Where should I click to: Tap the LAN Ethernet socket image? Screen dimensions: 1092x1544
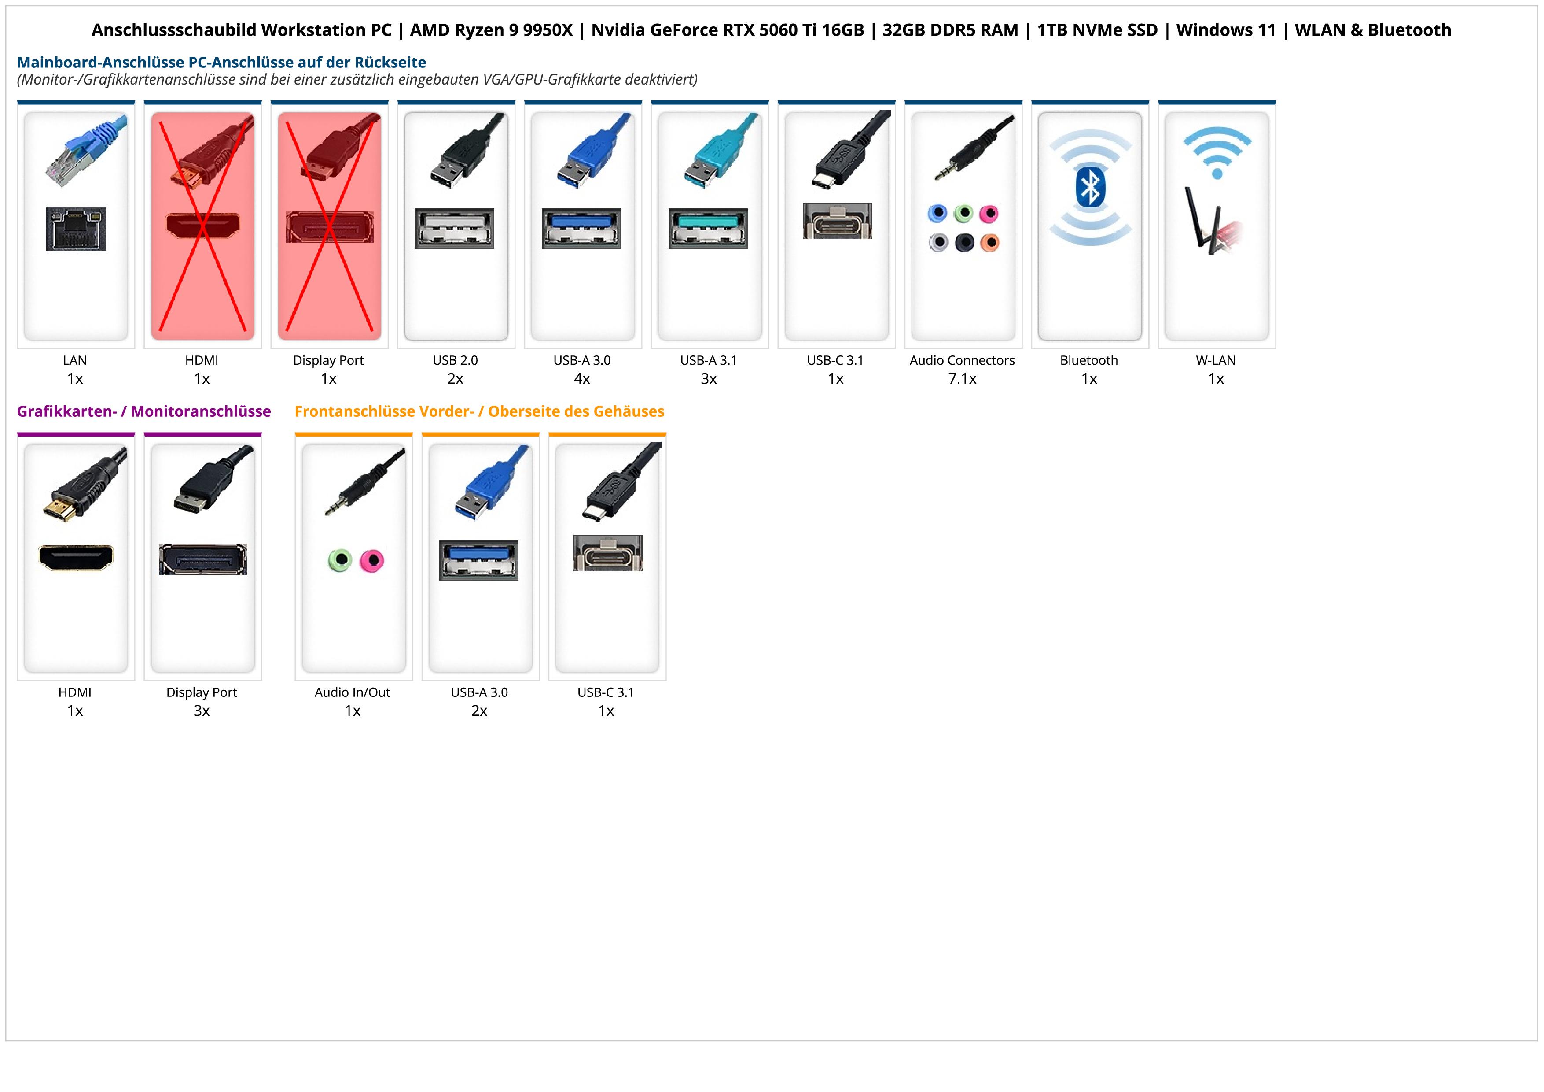[x=76, y=229]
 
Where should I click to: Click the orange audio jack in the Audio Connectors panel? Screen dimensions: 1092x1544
[x=990, y=242]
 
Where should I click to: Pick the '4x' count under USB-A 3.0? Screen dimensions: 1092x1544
[x=582, y=379]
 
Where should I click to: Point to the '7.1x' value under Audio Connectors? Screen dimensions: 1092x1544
[x=962, y=379]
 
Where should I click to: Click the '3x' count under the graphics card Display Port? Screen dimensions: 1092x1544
[x=202, y=711]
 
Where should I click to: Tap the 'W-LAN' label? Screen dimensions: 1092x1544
[x=1215, y=360]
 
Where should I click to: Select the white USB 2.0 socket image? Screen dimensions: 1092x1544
[x=455, y=228]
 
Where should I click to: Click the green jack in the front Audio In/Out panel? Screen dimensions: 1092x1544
[x=340, y=560]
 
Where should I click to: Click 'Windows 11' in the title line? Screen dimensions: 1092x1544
[x=1225, y=30]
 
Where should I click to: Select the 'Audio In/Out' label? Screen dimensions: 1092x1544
[x=353, y=692]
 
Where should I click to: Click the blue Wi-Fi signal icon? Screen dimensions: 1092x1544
[x=1217, y=152]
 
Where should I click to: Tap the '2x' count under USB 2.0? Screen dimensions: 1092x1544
[x=455, y=379]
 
